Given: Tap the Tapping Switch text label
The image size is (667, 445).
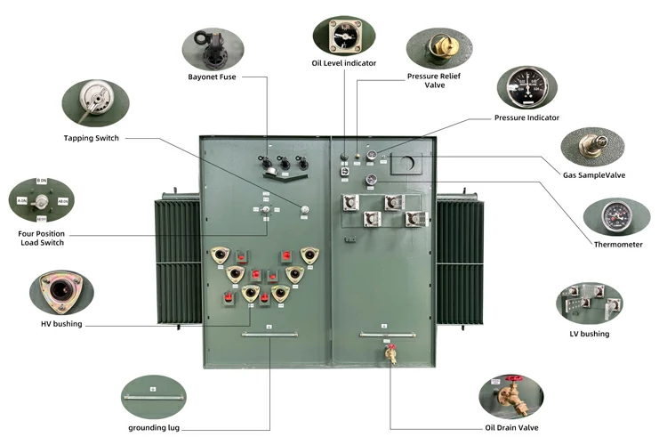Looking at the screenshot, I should click(91, 138).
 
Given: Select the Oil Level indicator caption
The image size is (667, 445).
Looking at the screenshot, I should click(343, 63).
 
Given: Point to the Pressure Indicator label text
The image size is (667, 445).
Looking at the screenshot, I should click(526, 117).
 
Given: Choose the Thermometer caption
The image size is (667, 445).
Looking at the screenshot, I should click(617, 244).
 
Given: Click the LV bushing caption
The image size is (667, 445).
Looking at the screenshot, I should click(589, 334).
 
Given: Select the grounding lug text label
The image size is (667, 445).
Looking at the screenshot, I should click(156, 428).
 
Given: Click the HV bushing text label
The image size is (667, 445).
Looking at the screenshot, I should click(61, 324).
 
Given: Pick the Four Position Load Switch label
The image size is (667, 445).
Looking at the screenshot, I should click(41, 238).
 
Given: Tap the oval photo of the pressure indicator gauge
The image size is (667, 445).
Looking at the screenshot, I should click(526, 86).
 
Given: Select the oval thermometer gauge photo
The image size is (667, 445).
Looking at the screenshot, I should click(615, 216).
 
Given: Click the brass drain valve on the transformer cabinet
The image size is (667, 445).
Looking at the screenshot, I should click(389, 353).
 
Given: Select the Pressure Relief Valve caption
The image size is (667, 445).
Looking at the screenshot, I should click(433, 81).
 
